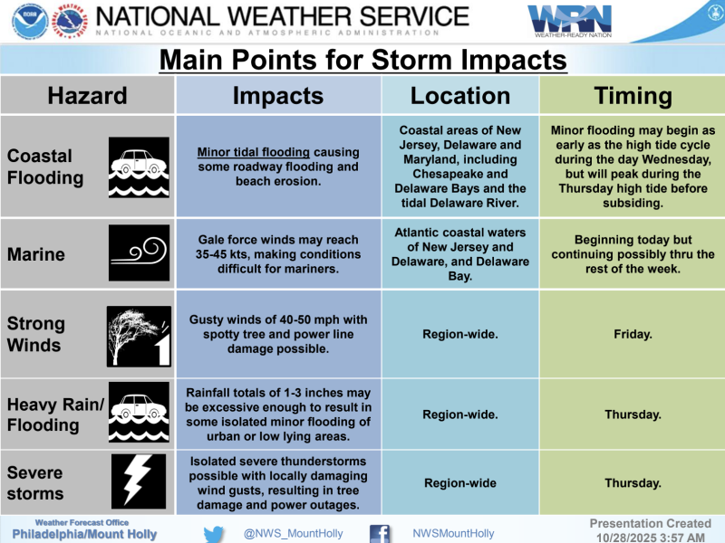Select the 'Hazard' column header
(87, 96)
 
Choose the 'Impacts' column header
(277, 96)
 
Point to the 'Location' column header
(460, 96)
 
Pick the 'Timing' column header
(633, 96)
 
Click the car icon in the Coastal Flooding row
(139, 167)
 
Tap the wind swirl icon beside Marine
(139, 254)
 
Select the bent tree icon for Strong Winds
(139, 335)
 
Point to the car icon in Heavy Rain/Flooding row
(139, 414)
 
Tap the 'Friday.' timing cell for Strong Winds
(633, 335)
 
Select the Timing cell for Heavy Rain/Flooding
(633, 414)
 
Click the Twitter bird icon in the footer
(213, 533)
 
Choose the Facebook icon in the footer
(380, 533)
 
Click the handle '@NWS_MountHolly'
(293, 534)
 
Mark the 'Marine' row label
(36, 254)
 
